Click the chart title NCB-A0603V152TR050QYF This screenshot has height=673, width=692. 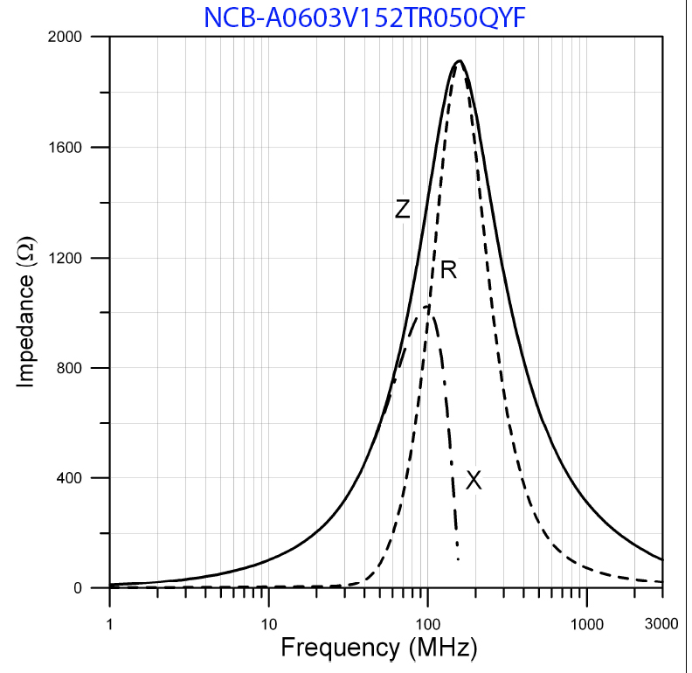point(364,17)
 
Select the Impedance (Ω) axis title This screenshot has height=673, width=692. point(25,312)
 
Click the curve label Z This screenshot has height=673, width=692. point(402,210)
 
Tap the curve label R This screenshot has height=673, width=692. point(448,270)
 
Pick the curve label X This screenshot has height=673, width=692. point(474,480)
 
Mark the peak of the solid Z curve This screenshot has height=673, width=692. point(459,61)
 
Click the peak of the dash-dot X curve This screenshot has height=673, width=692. point(426,306)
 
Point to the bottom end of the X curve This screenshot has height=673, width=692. point(458,559)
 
